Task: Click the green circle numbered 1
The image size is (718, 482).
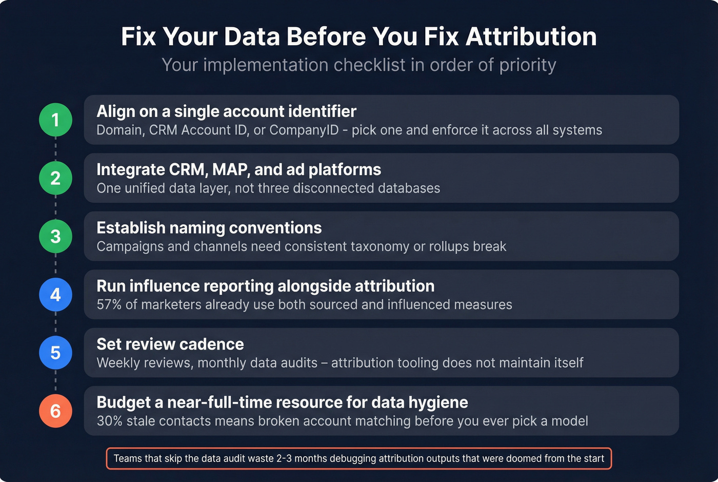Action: click(55, 120)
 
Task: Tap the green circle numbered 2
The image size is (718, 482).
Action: click(55, 178)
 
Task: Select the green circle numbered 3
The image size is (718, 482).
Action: click(55, 236)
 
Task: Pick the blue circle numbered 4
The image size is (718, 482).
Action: click(55, 295)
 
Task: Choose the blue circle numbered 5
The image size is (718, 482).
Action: click(55, 353)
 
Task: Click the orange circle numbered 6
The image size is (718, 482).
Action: click(55, 411)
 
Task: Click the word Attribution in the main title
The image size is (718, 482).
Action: click(531, 37)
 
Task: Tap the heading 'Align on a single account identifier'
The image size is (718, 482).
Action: click(226, 111)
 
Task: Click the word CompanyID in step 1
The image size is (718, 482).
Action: click(304, 130)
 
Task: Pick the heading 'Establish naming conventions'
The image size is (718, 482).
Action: click(209, 228)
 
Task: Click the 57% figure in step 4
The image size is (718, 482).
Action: click(109, 305)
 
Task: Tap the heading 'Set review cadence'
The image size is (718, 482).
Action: click(170, 344)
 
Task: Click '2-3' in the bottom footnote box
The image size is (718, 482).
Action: click(284, 458)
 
